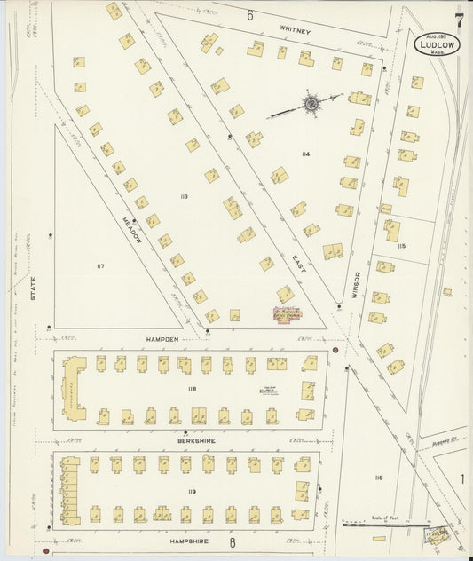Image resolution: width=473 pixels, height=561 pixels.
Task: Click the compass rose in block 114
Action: (311, 105)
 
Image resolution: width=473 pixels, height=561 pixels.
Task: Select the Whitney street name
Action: (296, 31)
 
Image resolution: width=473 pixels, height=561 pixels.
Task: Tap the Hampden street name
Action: (162, 339)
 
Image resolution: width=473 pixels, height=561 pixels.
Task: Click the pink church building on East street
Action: (287, 314)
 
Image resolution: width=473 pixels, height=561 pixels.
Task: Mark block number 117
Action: (100, 265)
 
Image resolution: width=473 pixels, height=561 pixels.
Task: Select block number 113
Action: (184, 196)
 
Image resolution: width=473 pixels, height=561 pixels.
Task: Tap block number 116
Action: (378, 478)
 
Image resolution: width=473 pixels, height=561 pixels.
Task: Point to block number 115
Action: (401, 246)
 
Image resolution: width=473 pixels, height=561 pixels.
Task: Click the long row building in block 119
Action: (69, 489)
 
